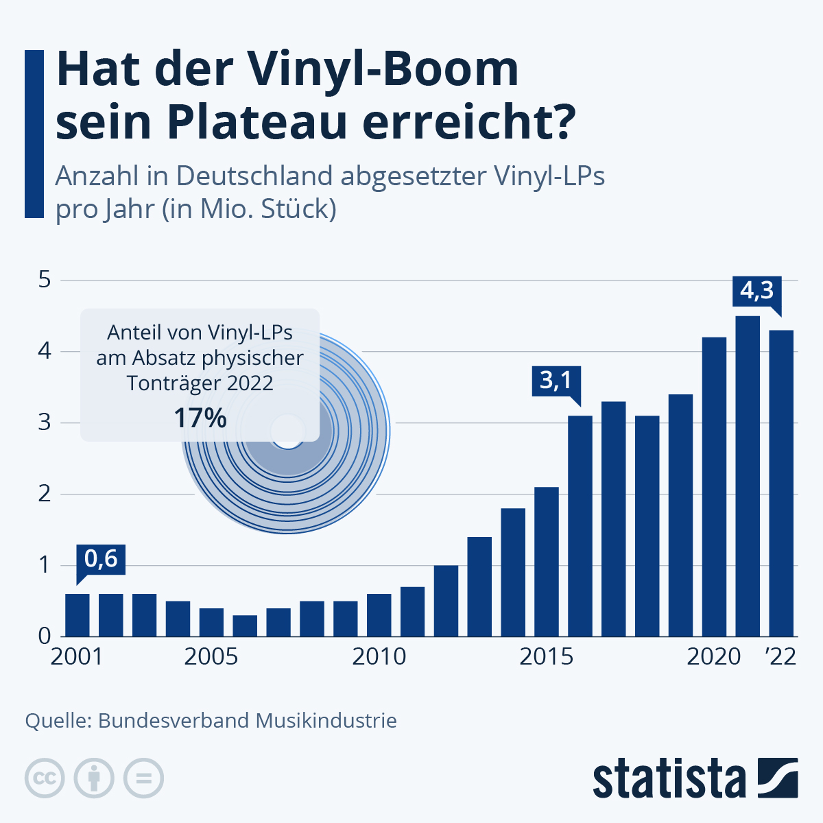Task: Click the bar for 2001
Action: coord(77,615)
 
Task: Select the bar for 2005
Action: coord(211,622)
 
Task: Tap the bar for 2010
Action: coord(379,615)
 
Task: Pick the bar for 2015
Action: coord(547,562)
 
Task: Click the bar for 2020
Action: coord(715,487)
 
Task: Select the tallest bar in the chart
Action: coord(748,476)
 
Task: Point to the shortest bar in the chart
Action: coord(245,625)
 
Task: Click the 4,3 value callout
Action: coord(756,291)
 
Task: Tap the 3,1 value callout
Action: coord(556,380)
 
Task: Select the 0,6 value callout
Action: coord(101,559)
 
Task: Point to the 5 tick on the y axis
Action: coord(45,280)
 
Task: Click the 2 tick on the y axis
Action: coord(45,494)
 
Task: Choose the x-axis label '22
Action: coord(780,657)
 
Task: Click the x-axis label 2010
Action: coord(379,657)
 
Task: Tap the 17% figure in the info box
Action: coord(200,418)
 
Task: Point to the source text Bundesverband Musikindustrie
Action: coord(248,721)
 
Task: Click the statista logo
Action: coord(695,778)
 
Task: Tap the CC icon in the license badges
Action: coord(45,778)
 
